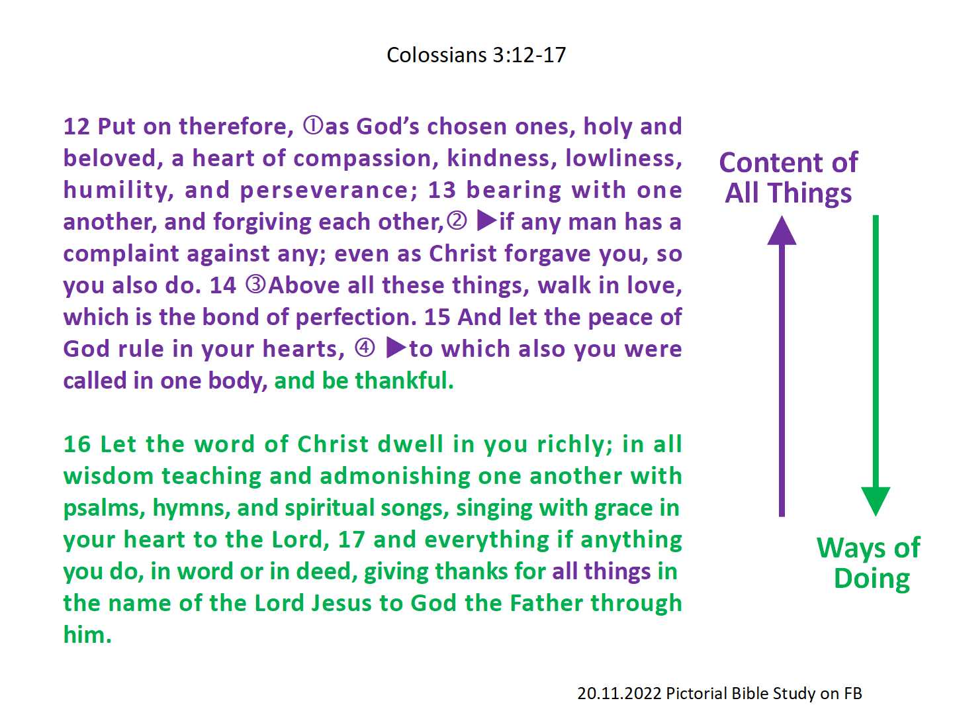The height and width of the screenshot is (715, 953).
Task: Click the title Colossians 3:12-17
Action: (x=476, y=55)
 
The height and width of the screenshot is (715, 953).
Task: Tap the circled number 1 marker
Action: (x=313, y=125)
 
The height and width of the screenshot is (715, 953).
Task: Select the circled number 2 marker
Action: (x=457, y=220)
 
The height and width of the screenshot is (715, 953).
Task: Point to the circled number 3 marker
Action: (x=255, y=284)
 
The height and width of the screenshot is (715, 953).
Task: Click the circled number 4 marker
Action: (x=365, y=348)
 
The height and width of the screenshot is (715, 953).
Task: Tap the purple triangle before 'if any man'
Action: (x=486, y=220)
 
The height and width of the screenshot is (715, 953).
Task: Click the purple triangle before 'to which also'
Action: (x=396, y=348)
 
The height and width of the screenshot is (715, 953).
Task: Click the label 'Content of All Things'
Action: (x=788, y=177)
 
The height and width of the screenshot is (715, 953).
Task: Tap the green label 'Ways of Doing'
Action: (x=869, y=563)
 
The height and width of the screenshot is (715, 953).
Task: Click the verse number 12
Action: (x=76, y=126)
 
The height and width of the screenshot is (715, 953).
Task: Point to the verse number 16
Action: (x=77, y=444)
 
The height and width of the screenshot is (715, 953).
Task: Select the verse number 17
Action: (x=351, y=540)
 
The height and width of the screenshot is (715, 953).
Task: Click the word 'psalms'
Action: (x=104, y=508)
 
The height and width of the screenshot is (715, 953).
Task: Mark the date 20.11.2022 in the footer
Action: (x=619, y=693)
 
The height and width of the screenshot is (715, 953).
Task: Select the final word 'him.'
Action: (x=87, y=635)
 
